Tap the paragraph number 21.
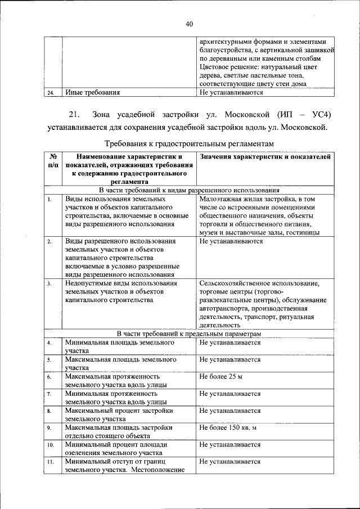pos(76,115)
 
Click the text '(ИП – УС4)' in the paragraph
pos(306,115)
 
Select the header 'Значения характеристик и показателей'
pos(265,157)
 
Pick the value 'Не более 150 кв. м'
pos(228,427)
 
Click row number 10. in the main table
pos(51,445)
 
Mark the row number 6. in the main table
pos(49,377)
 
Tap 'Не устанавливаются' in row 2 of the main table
pos(231,241)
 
